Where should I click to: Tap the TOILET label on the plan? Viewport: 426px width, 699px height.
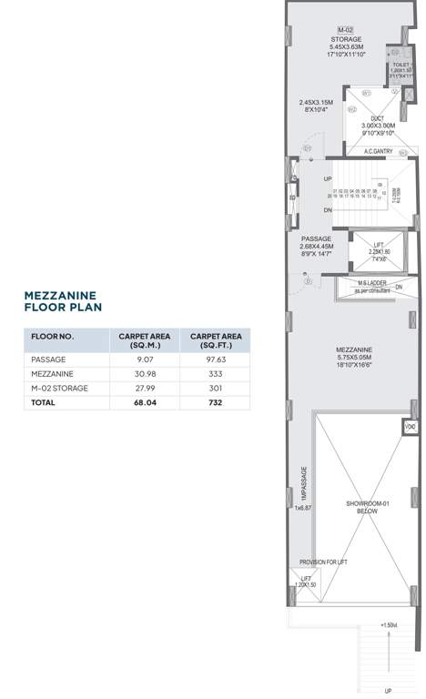tap(401, 65)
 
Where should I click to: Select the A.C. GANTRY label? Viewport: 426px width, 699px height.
tap(378, 151)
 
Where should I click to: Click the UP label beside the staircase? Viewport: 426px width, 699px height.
tap(328, 178)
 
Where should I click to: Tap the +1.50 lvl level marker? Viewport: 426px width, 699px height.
tap(390, 626)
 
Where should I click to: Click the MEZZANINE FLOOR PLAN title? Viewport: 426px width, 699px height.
tap(63, 301)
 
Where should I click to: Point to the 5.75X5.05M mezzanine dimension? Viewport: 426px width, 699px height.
tap(351, 357)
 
